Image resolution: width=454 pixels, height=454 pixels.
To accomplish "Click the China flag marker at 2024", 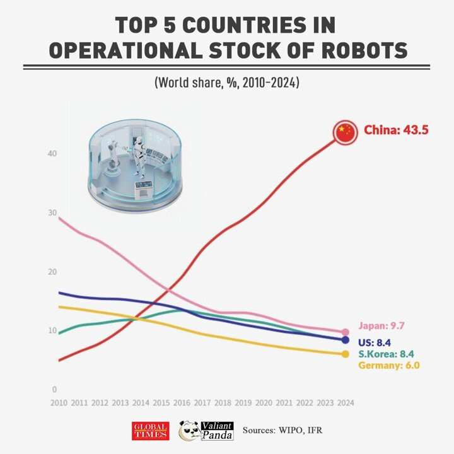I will point(344,132).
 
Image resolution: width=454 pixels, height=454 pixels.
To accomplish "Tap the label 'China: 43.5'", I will point(396,131).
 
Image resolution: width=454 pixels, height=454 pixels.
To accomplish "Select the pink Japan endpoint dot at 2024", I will point(345,332).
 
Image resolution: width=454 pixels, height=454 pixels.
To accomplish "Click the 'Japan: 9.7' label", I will point(381,326).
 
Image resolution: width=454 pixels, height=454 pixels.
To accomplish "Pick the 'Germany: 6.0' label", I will point(388,365).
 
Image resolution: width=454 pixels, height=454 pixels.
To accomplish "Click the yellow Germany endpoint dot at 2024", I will point(345,354).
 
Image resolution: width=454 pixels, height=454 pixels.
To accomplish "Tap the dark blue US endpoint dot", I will point(345,340).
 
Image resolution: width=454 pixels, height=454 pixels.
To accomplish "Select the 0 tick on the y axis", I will point(54,390).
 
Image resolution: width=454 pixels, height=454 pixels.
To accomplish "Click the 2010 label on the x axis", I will point(59,402).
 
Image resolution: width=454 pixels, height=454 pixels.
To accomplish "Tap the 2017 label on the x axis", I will point(201,402).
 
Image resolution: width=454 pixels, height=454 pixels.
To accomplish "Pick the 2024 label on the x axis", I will point(344,402).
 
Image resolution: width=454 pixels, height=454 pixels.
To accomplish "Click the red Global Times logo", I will point(150,431).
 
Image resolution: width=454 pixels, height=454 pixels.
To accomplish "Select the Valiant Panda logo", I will point(206,430).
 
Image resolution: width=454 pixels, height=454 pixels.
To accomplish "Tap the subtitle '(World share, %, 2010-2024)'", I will point(226,83).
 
